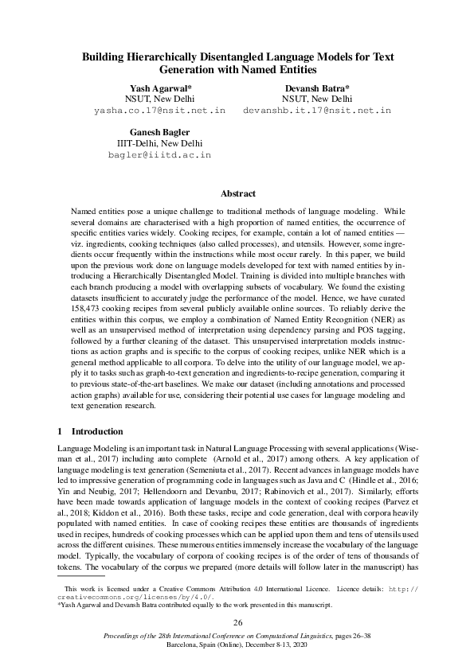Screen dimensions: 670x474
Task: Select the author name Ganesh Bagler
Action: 159,131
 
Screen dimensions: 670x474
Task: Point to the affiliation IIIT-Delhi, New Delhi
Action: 159,143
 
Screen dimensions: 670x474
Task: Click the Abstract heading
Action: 237,193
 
